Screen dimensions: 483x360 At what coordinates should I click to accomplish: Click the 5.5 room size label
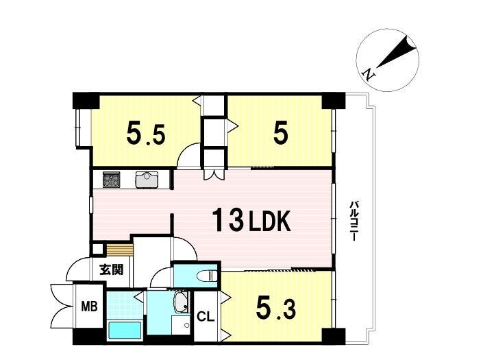tap(146, 134)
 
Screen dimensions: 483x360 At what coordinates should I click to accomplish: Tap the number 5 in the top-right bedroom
tap(281, 133)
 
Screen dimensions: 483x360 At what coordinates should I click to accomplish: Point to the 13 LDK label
tap(251, 219)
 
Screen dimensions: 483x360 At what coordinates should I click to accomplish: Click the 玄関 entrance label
tap(111, 269)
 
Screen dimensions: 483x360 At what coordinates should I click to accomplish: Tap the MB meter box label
tap(89, 307)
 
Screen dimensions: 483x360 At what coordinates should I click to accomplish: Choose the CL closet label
tap(206, 317)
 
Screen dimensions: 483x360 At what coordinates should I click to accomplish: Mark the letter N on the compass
tap(369, 74)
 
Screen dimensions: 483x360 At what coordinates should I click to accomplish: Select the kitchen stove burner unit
tap(112, 179)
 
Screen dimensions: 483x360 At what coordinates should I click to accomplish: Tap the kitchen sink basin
tap(147, 180)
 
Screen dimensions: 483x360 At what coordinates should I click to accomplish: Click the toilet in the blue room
tap(208, 275)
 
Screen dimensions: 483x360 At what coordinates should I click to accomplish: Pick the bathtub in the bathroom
tap(125, 330)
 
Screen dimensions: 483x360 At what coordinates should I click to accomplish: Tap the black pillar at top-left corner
tap(86, 100)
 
